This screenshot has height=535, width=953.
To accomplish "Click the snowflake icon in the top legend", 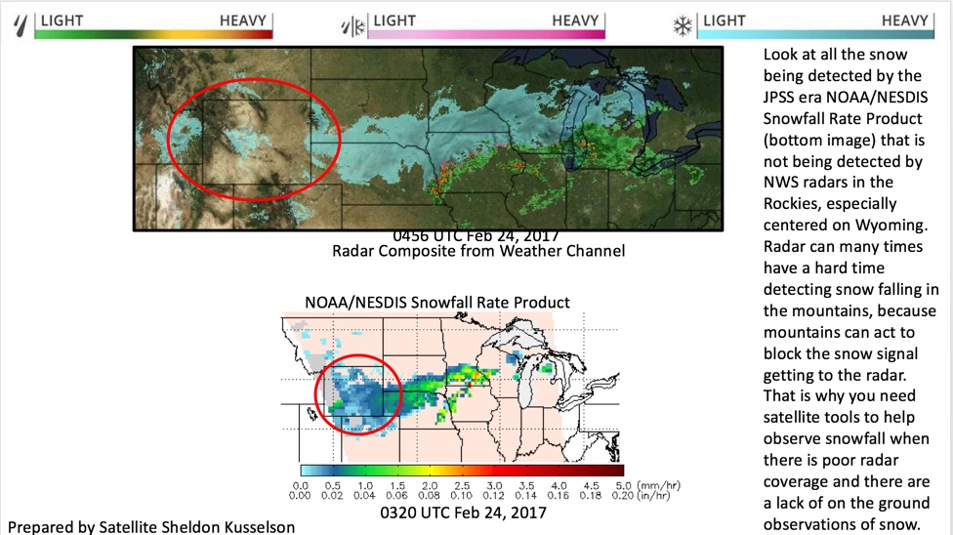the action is click(683, 24).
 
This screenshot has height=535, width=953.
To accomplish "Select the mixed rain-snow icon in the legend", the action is click(352, 24).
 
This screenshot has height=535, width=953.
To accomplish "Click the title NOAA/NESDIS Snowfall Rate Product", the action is click(436, 303).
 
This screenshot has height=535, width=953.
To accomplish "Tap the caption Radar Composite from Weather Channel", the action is click(477, 251).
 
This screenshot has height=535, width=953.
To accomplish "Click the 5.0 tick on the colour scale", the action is click(621, 484).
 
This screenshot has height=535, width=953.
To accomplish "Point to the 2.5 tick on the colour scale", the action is click(461, 484).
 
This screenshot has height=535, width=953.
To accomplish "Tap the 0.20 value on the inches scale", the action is click(621, 495).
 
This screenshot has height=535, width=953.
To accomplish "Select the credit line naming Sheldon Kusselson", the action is click(151, 526).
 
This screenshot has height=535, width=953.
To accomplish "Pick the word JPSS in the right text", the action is click(780, 96).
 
